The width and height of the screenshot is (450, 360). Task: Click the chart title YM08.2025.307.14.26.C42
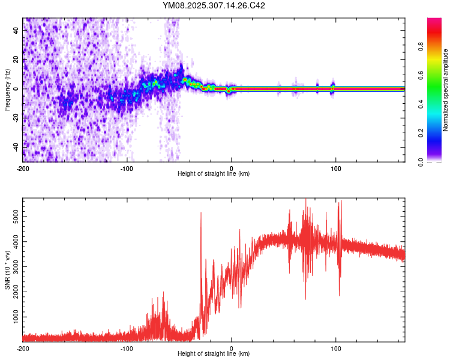tap(214, 6)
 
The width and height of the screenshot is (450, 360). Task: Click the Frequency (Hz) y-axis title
tap(7, 89)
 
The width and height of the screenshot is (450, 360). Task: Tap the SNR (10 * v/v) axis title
tap(7, 270)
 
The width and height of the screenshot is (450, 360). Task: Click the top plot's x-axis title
tap(214, 173)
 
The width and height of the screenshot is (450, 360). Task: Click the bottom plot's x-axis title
tap(214, 353)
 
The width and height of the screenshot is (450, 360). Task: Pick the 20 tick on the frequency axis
tap(16, 60)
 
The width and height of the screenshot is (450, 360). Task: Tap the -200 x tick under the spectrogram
tap(23, 167)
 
